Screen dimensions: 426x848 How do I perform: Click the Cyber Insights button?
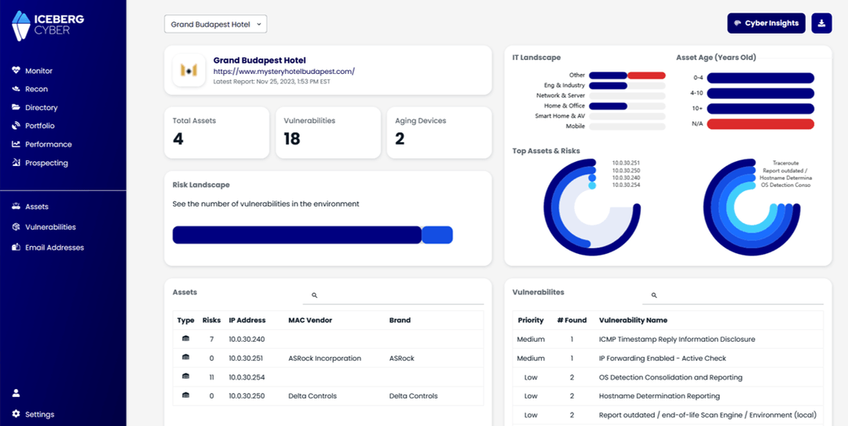pos(766,24)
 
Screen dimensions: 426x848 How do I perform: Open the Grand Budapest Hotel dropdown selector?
pos(216,24)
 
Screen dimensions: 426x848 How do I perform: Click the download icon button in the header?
pos(821,24)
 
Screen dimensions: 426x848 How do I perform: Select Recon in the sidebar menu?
pos(36,89)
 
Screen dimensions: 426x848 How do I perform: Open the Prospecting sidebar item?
pos(46,163)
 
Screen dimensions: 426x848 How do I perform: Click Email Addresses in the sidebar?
pos(54,248)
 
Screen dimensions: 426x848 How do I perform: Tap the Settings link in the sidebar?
pos(39,414)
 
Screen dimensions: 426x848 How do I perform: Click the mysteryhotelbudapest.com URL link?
pos(283,71)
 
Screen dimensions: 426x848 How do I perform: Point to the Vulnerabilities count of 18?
pos(292,139)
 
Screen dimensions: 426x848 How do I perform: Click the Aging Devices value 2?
pos(400,139)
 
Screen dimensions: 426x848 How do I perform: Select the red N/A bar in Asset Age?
pos(760,124)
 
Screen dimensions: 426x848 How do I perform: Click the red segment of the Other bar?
pos(647,75)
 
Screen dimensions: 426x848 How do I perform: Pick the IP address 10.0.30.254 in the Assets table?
pos(247,377)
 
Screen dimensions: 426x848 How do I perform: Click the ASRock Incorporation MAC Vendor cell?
pos(324,358)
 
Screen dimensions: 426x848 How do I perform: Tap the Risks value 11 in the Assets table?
pos(211,377)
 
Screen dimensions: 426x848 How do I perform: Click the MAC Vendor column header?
pos(311,321)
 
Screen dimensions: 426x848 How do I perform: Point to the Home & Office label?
pos(565,106)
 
